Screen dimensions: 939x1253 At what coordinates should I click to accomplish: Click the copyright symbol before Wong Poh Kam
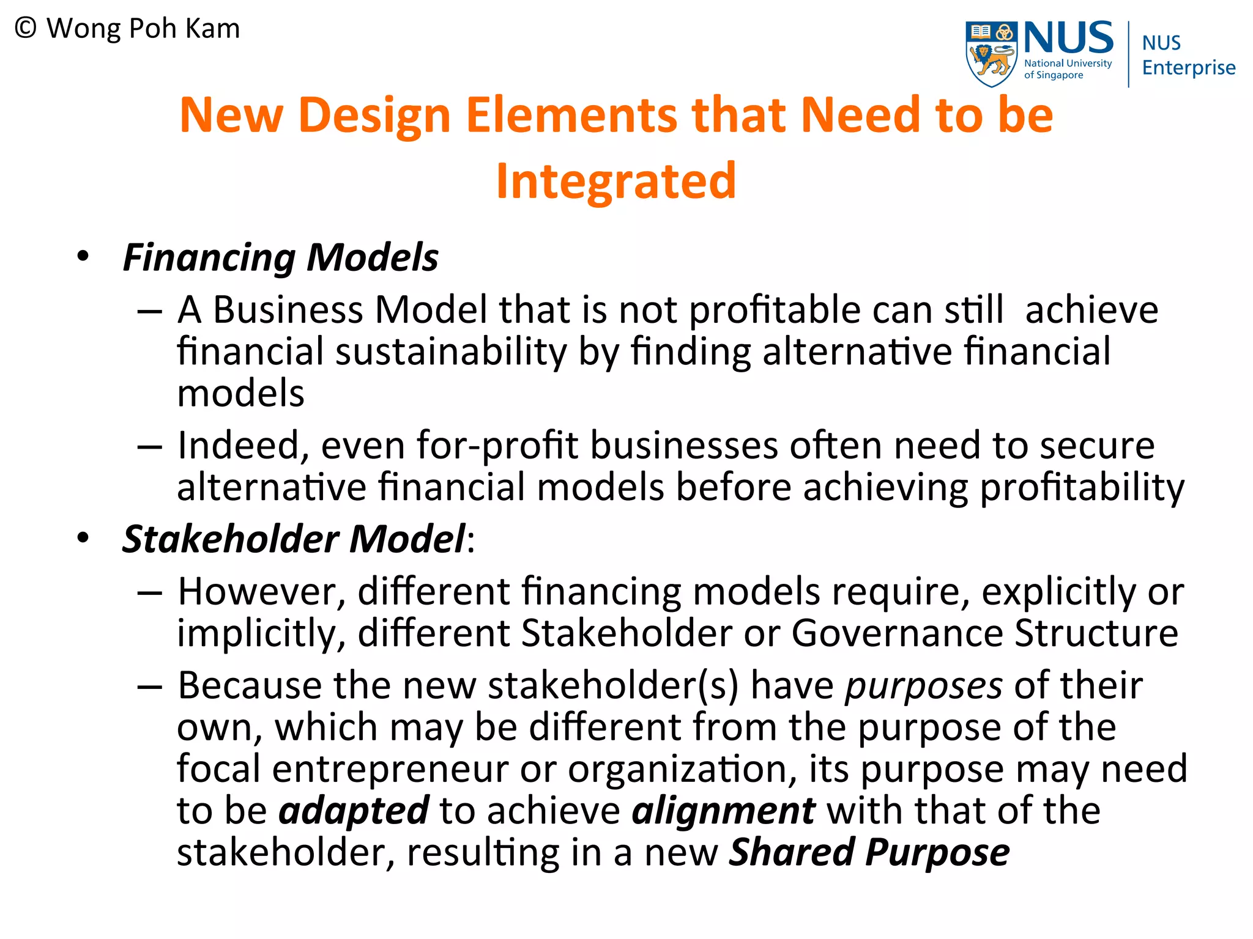[x=26, y=29]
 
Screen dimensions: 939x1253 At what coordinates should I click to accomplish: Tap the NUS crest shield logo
[x=991, y=54]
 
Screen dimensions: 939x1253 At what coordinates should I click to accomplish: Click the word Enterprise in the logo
[x=1188, y=68]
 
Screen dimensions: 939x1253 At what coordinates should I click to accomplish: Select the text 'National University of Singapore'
[x=1068, y=69]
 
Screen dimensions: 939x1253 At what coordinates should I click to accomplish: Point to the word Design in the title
[x=374, y=115]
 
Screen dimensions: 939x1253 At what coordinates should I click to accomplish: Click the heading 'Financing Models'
[x=280, y=257]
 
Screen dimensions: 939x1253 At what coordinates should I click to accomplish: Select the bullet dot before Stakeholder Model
[x=83, y=538]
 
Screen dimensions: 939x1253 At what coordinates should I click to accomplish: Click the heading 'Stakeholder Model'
[x=294, y=539]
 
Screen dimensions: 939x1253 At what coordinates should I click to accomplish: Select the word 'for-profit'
[x=498, y=445]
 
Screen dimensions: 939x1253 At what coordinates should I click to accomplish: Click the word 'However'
[x=262, y=592]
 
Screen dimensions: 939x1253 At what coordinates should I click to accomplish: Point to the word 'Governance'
[x=897, y=633]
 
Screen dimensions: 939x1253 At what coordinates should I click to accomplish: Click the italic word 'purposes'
[x=924, y=686]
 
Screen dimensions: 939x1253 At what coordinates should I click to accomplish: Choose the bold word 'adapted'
[x=354, y=811]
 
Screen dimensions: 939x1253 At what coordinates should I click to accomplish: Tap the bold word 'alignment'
[x=723, y=811]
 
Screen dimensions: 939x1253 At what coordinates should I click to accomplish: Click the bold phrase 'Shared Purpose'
[x=869, y=853]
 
